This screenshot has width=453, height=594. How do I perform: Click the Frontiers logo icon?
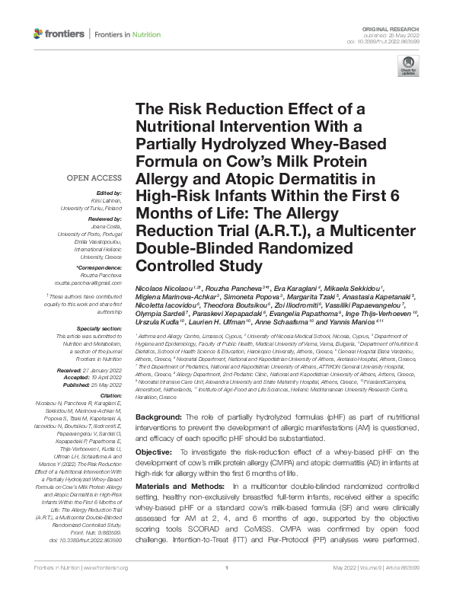pos(39,34)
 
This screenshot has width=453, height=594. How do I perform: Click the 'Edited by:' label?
pos(110,194)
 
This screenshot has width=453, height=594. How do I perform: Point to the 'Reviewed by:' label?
pos(104,217)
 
